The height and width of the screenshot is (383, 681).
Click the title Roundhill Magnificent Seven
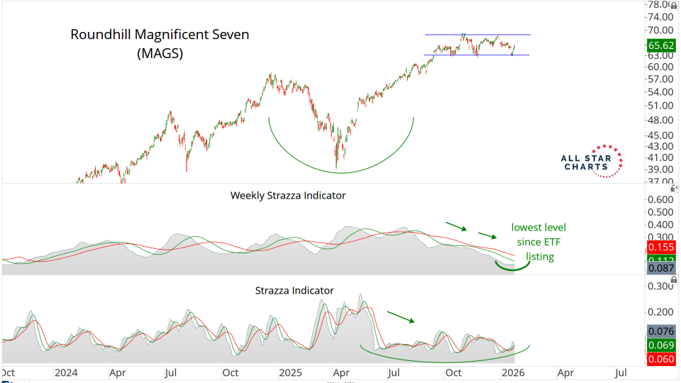pyautogui.click(x=160, y=34)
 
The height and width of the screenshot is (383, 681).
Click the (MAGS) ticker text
pyautogui.click(x=160, y=53)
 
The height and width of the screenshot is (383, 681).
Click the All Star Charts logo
pyautogui.click(x=591, y=161)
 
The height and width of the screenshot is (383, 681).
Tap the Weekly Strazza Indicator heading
pyautogui.click(x=288, y=195)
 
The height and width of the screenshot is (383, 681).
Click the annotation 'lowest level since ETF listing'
pyautogui.click(x=539, y=241)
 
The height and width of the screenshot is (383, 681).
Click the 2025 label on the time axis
pyautogui.click(x=291, y=372)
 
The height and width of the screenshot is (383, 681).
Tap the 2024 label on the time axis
pyautogui.click(x=67, y=372)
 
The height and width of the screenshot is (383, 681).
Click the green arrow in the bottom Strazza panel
pyautogui.click(x=401, y=316)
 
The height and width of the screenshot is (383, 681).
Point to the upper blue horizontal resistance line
pyautogui.click(x=477, y=35)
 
